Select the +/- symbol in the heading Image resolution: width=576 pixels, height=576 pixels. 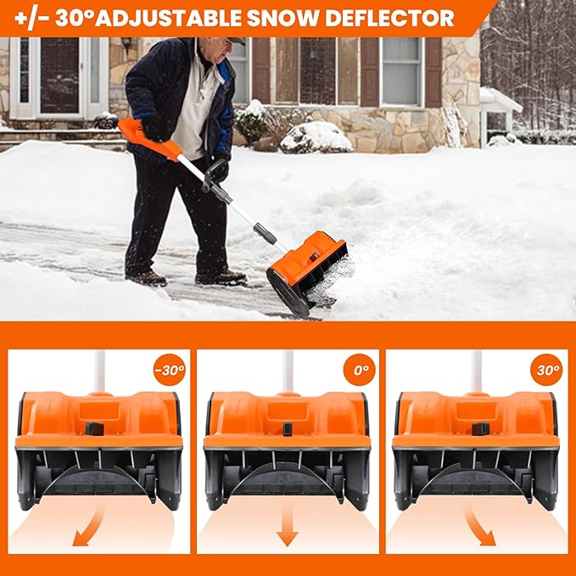pyautogui.click(x=27, y=18)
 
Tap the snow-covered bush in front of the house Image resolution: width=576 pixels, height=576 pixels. pyautogui.click(x=316, y=137)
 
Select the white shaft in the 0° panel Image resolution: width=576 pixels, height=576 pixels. pyautogui.click(x=288, y=372)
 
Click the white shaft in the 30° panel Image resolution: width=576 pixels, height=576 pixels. pyautogui.click(x=477, y=372)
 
